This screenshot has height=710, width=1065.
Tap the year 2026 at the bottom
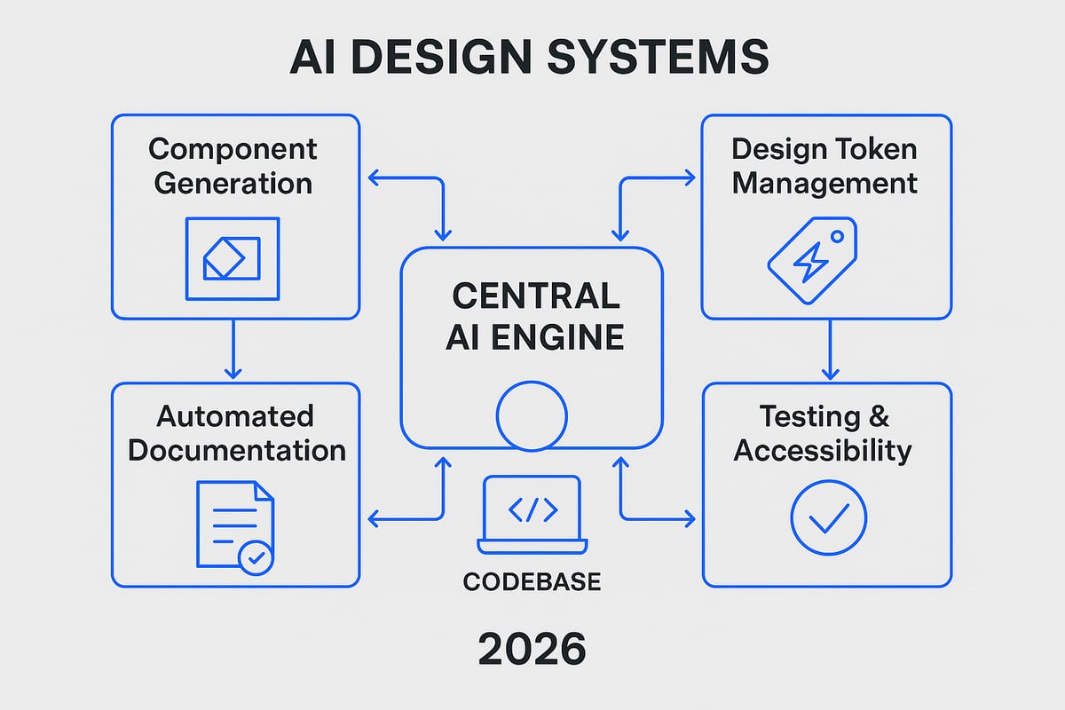[x=532, y=650]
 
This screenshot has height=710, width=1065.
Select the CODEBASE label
[x=532, y=582]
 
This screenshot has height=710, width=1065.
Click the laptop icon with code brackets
[x=532, y=514]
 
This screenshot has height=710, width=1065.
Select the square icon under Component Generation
[x=232, y=258]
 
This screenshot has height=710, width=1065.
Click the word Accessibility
[x=823, y=450]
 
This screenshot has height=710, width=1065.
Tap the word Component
[x=233, y=148]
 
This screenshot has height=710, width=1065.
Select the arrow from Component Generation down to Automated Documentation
[x=233, y=350]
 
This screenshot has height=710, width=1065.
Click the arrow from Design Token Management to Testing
[x=829, y=350]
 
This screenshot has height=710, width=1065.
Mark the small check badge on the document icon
[x=256, y=557]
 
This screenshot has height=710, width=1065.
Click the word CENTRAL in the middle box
[x=531, y=296]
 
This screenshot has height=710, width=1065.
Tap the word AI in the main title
[x=314, y=58]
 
